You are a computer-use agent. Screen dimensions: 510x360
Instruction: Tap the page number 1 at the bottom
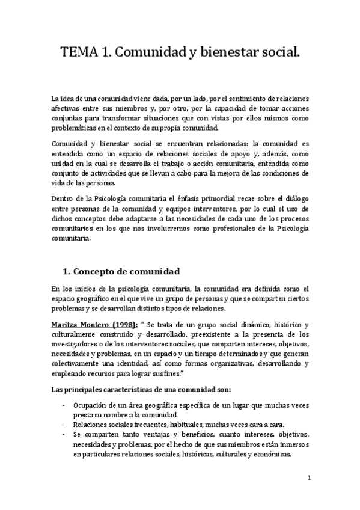(x=308, y=478)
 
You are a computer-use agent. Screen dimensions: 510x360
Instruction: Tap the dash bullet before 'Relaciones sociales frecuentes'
(x=64, y=425)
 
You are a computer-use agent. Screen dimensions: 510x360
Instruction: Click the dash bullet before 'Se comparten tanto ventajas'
(x=64, y=435)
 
